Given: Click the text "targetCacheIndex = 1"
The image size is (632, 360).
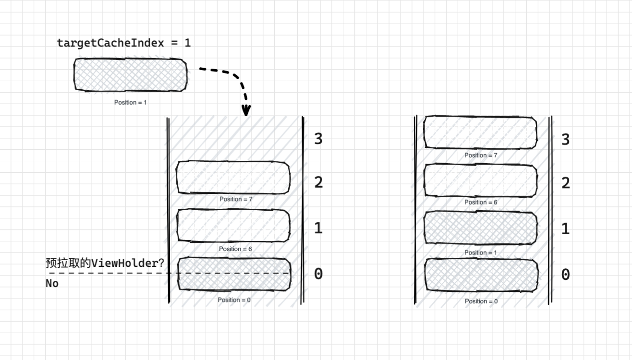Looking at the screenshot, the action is click(124, 43).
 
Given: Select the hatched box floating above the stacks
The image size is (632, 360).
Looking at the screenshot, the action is click(130, 74).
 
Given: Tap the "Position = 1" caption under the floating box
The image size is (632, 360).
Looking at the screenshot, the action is click(130, 102).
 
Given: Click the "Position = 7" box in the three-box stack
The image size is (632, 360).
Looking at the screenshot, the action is click(233, 178).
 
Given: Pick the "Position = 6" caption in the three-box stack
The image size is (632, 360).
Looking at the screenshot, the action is click(235, 249).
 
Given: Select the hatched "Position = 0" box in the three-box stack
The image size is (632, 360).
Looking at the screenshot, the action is click(234, 274).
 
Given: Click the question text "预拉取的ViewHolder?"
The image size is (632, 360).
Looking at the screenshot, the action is click(105, 263).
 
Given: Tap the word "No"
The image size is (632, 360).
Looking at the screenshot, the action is click(52, 283).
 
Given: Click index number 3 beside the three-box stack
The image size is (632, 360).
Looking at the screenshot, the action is click(318, 139).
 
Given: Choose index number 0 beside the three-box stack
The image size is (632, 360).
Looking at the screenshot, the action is click(318, 274).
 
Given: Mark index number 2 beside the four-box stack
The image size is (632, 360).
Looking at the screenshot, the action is click(566, 183).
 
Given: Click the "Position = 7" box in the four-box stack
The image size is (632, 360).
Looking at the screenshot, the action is click(480, 132).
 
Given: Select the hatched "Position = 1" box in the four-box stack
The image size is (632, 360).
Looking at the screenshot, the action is click(480, 228).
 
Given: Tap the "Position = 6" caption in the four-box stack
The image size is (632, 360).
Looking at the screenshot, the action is click(481, 202).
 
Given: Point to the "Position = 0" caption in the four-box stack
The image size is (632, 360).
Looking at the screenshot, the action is click(481, 301).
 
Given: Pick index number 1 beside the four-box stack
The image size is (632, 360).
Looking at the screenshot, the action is click(566, 228).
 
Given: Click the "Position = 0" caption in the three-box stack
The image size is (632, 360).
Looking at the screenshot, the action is click(234, 300).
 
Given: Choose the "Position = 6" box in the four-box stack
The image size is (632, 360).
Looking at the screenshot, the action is click(480, 180).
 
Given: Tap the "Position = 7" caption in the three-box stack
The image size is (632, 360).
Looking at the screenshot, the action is click(236, 199).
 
